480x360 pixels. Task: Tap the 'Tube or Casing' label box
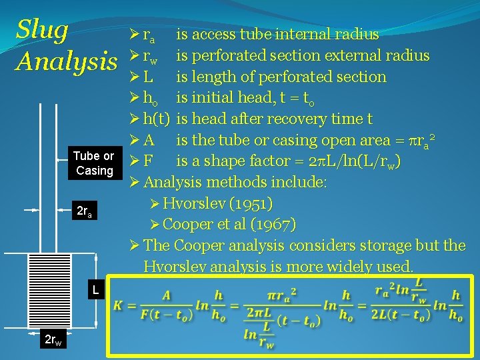[93, 163]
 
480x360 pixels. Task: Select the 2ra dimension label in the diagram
[83, 213]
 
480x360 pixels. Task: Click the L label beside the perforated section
[96, 290]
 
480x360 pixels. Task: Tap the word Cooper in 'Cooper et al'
[186, 224]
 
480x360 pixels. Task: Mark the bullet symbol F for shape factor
[148, 161]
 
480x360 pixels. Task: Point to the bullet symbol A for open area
[149, 141]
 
